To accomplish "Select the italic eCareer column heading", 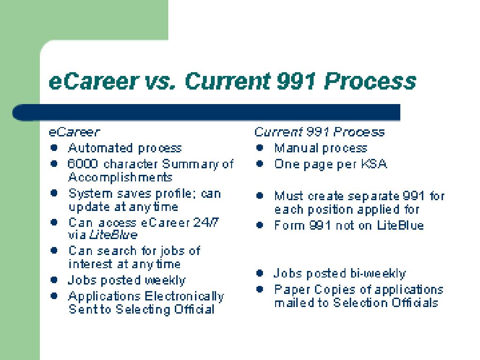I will pyautogui.click(x=75, y=132).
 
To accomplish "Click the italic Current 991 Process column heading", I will pyautogui.click(x=319, y=132).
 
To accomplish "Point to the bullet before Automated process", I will pyautogui.click(x=54, y=148).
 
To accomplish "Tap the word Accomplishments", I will pyautogui.click(x=120, y=177).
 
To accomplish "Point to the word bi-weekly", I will pyautogui.click(x=377, y=273).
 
